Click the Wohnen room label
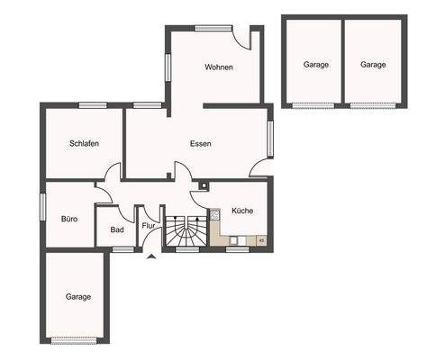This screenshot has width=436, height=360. pos(219,67)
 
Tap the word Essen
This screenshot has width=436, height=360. pos(200,144)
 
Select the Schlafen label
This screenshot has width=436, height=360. pos(84,144)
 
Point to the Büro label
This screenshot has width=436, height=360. pos(69,218)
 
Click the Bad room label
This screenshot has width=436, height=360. pos(117,229)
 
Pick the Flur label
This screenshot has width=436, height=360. pos(149,226)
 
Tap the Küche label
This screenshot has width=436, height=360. pos(242,211)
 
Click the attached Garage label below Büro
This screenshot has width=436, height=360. pos(78,296)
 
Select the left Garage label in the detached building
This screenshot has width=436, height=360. pos(315,65)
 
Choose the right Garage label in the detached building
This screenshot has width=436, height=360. pos(373,65)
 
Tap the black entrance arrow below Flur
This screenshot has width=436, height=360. pos(150,256)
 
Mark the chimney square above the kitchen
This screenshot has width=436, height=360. pos(204,188)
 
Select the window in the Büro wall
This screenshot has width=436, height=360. pos(42,204)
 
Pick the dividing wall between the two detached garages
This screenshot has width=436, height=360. pos(343,61)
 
